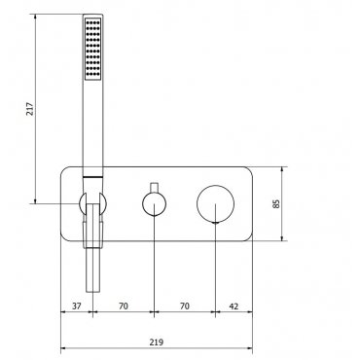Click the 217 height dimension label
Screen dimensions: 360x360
29,109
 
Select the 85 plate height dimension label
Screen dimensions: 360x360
276,204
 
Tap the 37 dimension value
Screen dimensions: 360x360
77,306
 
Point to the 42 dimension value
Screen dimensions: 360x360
234,306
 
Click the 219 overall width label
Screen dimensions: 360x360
157,342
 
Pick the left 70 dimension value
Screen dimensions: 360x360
124,306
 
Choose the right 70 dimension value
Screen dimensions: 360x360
185,306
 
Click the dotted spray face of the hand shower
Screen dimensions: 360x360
93,49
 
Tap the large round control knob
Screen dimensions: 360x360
215,204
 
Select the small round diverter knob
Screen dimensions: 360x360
155,204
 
